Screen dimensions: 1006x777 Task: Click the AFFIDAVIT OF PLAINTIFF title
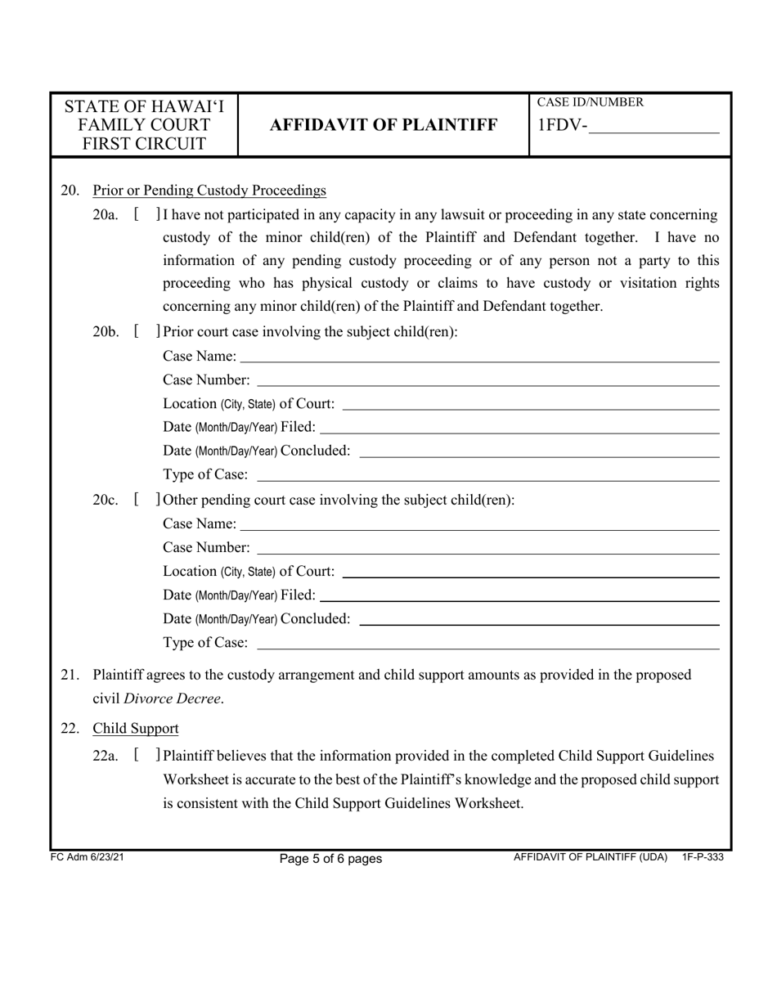click(x=383, y=125)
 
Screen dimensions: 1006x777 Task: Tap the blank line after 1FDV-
click(x=653, y=127)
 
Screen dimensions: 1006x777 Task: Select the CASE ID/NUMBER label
click(x=590, y=102)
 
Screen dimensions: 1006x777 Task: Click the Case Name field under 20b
click(x=479, y=357)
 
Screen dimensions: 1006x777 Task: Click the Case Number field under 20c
click(x=487, y=547)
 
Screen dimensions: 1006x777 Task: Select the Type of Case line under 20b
click(x=487, y=475)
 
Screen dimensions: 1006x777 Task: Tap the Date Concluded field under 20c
click(x=539, y=619)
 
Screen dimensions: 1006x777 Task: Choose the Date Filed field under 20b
click(x=519, y=427)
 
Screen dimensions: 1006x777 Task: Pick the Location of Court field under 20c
click(x=531, y=571)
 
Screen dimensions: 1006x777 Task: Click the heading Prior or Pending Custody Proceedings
click(x=209, y=191)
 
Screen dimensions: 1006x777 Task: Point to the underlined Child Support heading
click(x=136, y=728)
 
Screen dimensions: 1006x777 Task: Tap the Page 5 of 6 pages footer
click(x=330, y=859)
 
